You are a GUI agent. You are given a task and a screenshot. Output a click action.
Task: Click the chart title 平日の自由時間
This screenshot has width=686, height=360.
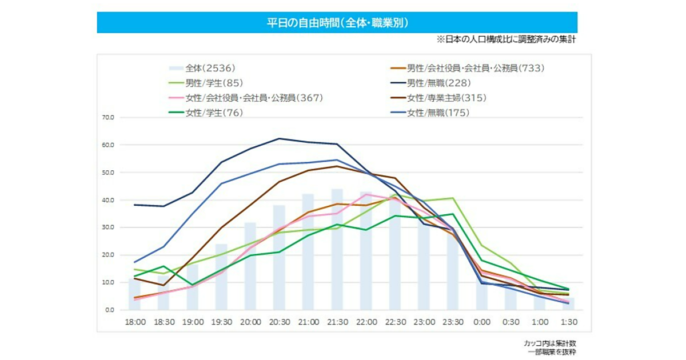click(x=337, y=22)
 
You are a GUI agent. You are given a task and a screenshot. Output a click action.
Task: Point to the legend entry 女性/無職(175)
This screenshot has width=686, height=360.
click(x=438, y=113)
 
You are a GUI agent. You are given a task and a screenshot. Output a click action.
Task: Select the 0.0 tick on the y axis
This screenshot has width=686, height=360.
click(x=109, y=310)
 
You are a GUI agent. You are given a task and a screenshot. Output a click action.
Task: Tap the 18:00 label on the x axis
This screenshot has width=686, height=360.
click(x=135, y=322)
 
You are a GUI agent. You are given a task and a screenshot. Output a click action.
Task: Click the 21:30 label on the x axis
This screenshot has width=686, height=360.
click(x=337, y=322)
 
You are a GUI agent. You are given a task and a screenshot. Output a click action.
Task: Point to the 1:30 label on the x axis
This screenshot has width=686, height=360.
click(x=569, y=322)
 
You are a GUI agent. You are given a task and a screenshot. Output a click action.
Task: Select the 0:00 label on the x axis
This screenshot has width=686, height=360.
click(x=482, y=322)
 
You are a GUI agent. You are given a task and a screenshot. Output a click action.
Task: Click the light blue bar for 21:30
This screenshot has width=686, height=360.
click(x=337, y=251)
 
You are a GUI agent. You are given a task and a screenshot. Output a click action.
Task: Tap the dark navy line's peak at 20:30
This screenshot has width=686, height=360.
click(x=279, y=138)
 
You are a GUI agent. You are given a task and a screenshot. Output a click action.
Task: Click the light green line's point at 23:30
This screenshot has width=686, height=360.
click(x=453, y=198)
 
